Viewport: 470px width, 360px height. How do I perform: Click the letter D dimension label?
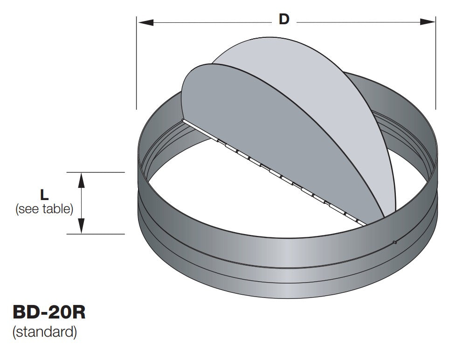pos(284,20)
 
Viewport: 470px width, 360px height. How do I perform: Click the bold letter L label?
pos(44,195)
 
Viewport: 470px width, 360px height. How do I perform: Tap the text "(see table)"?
pos(44,209)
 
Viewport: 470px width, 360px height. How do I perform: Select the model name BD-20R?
pos(49,312)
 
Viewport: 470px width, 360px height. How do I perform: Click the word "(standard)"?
pos(45,332)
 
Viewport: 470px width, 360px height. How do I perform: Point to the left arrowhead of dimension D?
pos(146,22)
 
